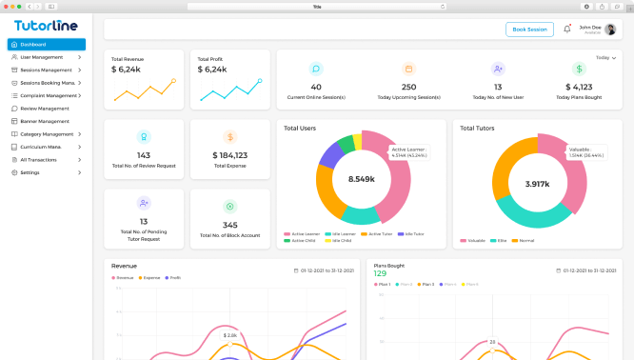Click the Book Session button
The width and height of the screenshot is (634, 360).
point(529,30)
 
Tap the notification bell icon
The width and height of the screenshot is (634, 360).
point(567,30)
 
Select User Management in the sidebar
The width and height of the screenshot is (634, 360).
point(47,57)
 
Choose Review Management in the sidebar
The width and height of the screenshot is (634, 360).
point(45,109)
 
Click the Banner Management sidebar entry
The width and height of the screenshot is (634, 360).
point(45,121)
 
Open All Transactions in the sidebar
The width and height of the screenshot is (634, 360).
point(41,160)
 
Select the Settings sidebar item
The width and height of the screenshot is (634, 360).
point(30,172)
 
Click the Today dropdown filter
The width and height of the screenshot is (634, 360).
point(604,58)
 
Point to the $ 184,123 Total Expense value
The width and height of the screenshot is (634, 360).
point(229,155)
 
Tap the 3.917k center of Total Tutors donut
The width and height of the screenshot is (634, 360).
point(537,183)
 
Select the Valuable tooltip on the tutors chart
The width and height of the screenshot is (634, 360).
point(585,151)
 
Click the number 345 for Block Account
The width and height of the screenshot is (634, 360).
point(229,226)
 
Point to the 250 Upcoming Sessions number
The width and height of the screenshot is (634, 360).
point(408,88)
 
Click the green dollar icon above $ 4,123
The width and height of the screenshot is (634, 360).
point(579,70)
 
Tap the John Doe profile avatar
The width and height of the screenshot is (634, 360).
point(610,30)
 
